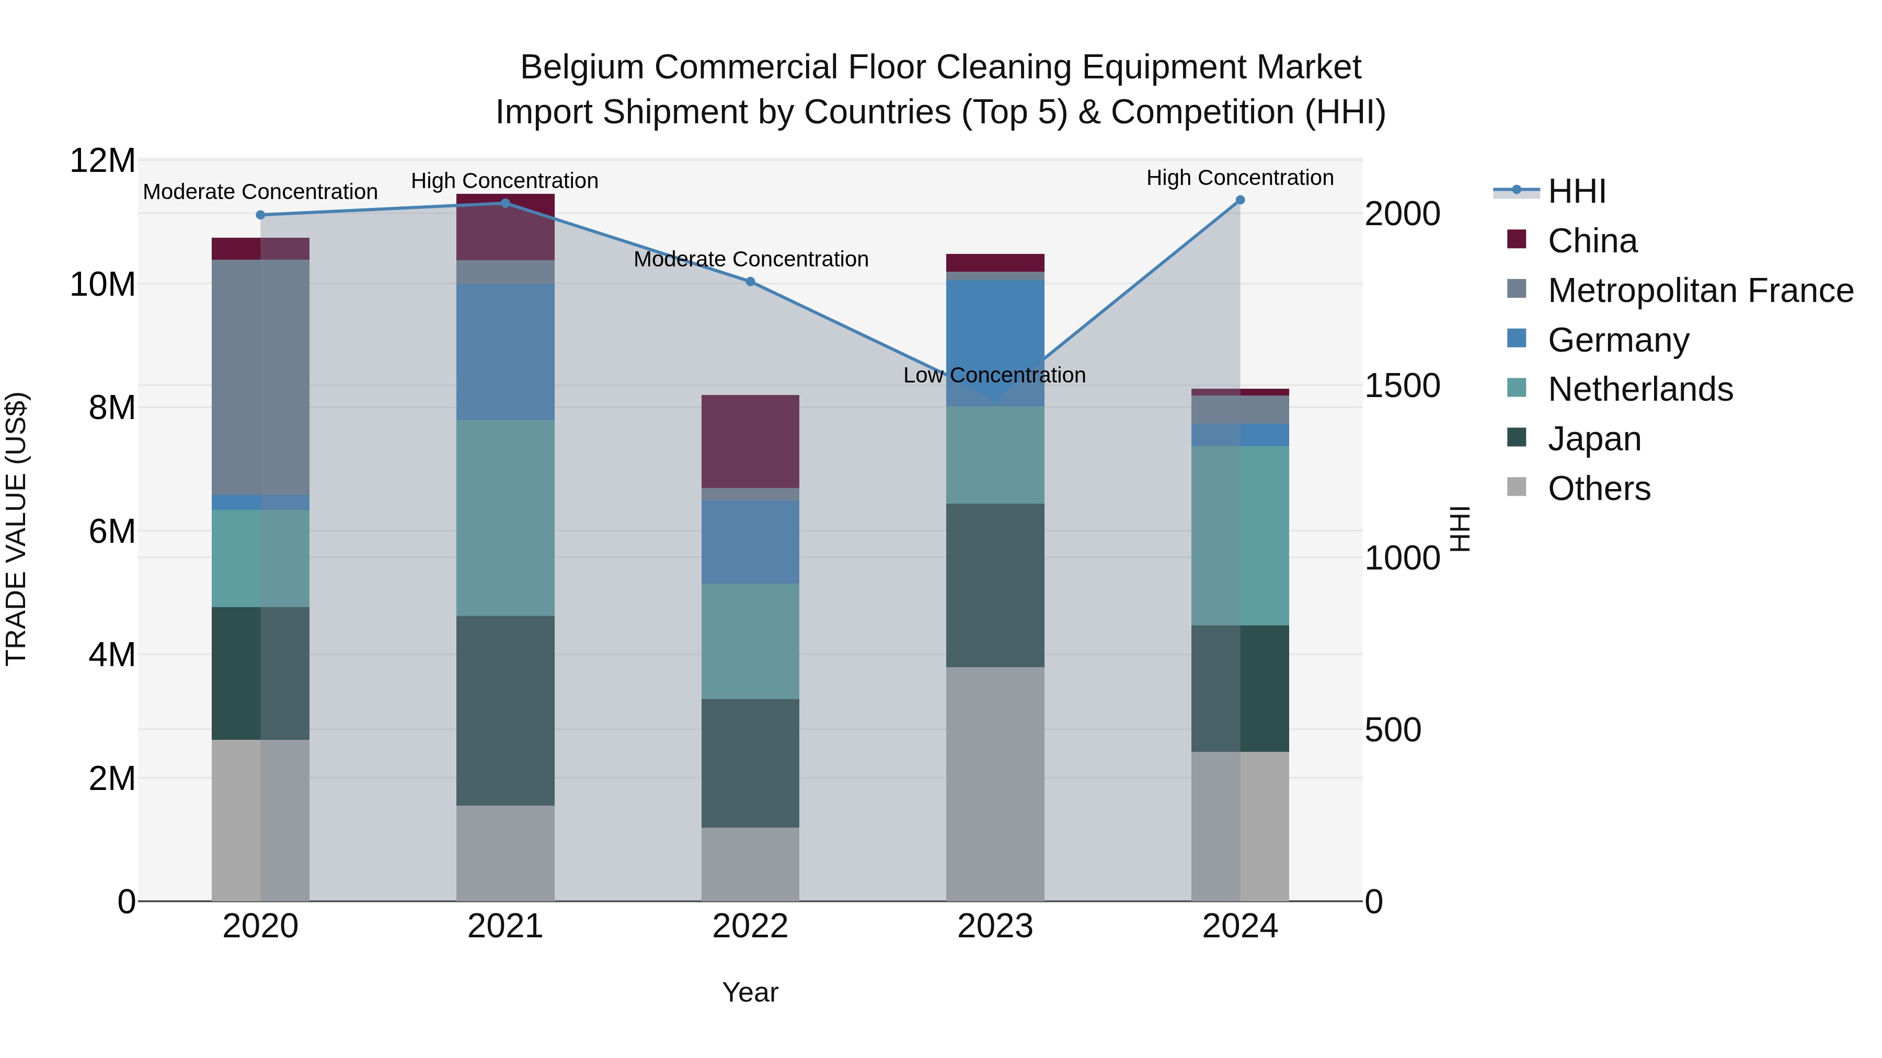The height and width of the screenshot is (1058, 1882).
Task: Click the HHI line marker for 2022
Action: pyautogui.click(x=750, y=281)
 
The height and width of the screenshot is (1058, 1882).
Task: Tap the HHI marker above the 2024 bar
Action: pyautogui.click(x=1240, y=200)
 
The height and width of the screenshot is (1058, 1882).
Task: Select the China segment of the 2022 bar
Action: pyautogui.click(x=750, y=441)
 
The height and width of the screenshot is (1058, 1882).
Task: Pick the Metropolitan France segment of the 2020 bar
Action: pyautogui.click(x=260, y=377)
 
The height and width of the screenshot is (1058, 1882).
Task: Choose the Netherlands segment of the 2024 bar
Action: pyautogui.click(x=1240, y=535)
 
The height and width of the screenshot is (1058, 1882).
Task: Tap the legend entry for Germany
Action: pyautogui.click(x=1617, y=340)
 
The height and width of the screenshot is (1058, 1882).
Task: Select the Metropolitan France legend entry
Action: pyautogui.click(x=1700, y=290)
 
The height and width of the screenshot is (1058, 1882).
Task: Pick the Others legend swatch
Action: pyautogui.click(x=1517, y=487)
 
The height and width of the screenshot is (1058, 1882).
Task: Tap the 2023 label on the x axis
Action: pyautogui.click(x=995, y=926)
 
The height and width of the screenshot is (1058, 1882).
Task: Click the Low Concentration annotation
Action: pyautogui.click(x=994, y=375)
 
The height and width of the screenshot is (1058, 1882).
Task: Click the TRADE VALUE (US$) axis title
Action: pyautogui.click(x=16, y=529)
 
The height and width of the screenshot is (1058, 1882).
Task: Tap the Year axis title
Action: pyautogui.click(x=750, y=992)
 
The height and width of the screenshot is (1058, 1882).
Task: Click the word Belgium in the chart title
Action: pyautogui.click(x=581, y=67)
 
